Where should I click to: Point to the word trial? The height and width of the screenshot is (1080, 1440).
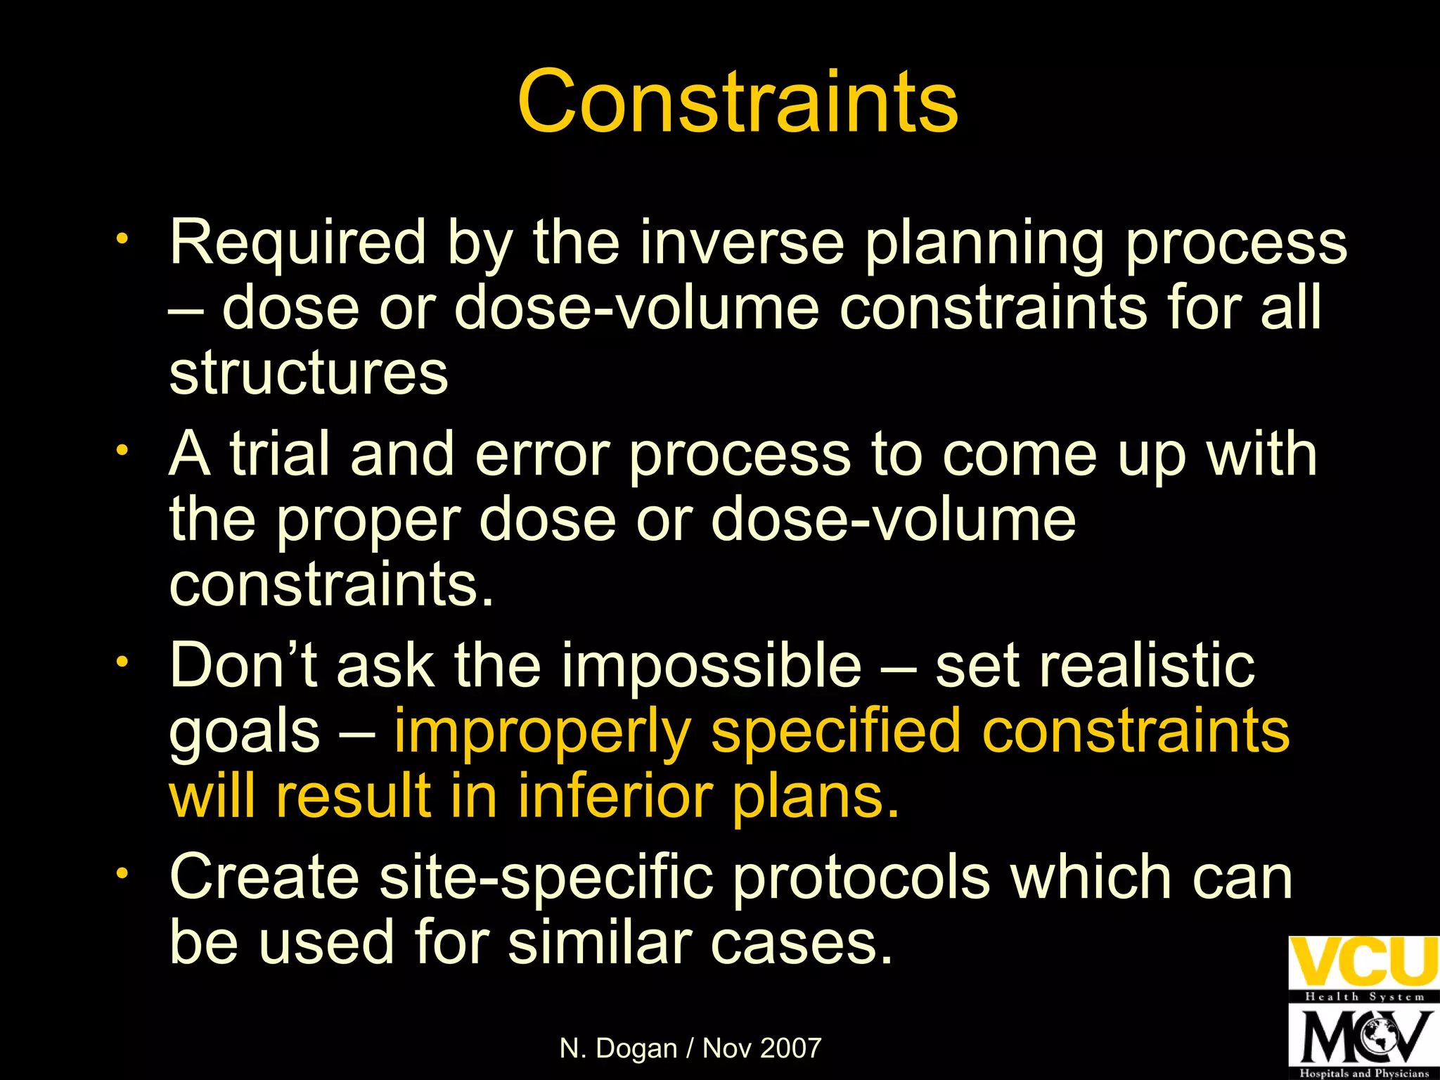[x=280, y=454]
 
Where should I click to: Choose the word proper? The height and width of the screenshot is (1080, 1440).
[x=368, y=520]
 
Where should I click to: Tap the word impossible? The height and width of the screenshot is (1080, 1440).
[x=711, y=665]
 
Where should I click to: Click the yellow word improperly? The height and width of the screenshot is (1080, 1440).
[x=542, y=731]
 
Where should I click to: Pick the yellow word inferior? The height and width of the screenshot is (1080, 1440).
[x=615, y=797]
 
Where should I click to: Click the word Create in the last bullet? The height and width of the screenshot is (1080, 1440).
[x=264, y=877]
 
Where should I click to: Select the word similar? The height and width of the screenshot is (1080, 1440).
[x=600, y=942]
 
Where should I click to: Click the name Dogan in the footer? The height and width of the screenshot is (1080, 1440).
[x=636, y=1048]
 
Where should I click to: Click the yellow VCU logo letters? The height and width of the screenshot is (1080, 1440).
[x=1363, y=962]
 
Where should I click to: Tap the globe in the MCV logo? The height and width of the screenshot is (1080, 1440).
[x=1379, y=1036]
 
